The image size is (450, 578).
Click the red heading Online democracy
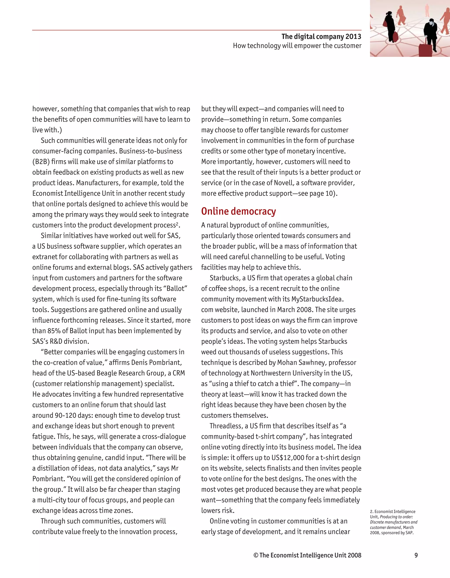click(238, 211)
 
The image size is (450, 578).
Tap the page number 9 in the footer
click(416, 555)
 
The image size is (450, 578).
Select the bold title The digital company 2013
click(321, 36)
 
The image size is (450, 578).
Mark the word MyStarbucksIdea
click(317, 299)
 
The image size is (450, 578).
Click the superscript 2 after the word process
click(177, 223)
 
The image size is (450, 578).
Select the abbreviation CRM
click(179, 373)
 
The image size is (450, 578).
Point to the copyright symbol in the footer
click(256, 555)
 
